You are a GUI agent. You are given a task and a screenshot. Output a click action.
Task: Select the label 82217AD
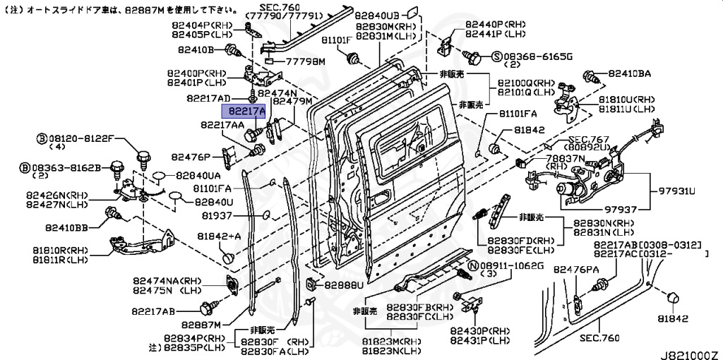point(208,98)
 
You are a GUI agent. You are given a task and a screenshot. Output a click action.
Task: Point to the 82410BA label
point(629,73)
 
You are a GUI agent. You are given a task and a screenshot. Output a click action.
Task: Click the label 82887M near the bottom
point(201,324)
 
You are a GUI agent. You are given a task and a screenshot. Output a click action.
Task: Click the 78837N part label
point(567,159)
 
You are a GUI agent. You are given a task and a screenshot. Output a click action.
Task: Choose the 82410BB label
point(67,227)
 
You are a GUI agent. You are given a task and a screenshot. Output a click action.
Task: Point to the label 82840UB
point(377,14)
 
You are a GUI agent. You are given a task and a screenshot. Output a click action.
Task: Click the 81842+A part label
point(219,236)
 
